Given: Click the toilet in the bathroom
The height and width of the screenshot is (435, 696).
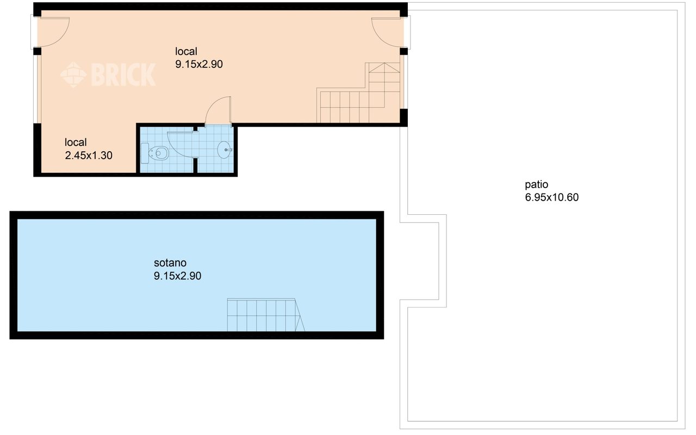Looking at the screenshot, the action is [x=155, y=153].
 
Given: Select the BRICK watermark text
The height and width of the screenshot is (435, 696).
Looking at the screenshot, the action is [x=123, y=74].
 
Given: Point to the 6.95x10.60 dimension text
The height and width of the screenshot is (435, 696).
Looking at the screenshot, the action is [x=551, y=197].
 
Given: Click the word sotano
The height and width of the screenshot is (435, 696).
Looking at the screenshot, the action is [x=170, y=263].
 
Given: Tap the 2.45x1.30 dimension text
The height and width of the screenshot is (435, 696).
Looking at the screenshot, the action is [x=89, y=156].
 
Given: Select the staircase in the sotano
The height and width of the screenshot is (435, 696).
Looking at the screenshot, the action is [x=266, y=315].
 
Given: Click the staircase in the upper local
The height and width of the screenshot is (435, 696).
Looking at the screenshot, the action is [x=358, y=93].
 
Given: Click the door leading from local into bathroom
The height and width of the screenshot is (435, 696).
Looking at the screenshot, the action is [x=219, y=110].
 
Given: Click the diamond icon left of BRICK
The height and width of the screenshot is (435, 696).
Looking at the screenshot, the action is [x=73, y=74].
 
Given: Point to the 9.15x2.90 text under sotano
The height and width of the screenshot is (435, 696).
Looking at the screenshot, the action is [x=177, y=276].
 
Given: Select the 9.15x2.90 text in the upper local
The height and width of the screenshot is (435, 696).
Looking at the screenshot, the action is [x=199, y=64].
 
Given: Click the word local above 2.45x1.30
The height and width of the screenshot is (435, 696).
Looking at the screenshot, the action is [x=76, y=142].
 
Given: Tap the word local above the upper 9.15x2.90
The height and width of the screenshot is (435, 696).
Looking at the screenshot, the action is [x=186, y=51].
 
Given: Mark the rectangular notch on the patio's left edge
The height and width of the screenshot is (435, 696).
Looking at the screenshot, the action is [x=423, y=261].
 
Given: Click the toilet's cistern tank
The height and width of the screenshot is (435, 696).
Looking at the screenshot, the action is [x=145, y=153].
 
